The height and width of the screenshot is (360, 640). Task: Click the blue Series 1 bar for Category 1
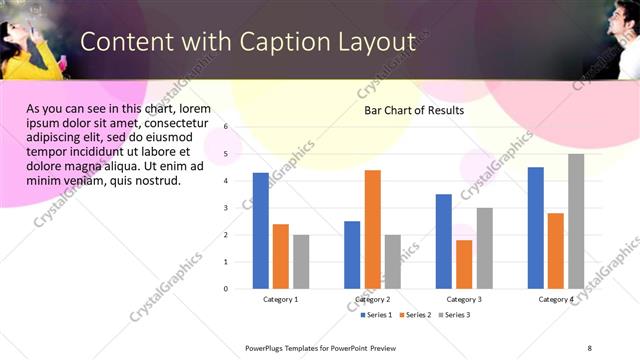coord(261,230)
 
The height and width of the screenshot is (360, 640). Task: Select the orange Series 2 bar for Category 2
coord(372,229)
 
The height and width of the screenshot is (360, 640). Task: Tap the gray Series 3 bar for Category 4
coord(576,221)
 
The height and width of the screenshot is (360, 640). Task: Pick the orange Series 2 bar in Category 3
coord(464,264)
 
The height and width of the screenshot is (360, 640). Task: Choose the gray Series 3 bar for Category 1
coord(301,261)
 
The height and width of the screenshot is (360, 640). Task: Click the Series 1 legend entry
coord(376,315)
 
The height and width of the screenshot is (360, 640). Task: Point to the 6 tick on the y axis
coord(225,127)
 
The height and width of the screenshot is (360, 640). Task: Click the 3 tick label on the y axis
coord(225,208)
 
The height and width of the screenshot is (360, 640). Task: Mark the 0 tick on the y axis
coord(225,289)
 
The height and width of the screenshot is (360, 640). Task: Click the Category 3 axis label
coord(464,300)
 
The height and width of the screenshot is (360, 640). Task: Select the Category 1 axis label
coord(281,300)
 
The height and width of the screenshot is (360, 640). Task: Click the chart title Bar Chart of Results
coord(413,111)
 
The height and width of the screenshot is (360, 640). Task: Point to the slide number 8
coord(590,347)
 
